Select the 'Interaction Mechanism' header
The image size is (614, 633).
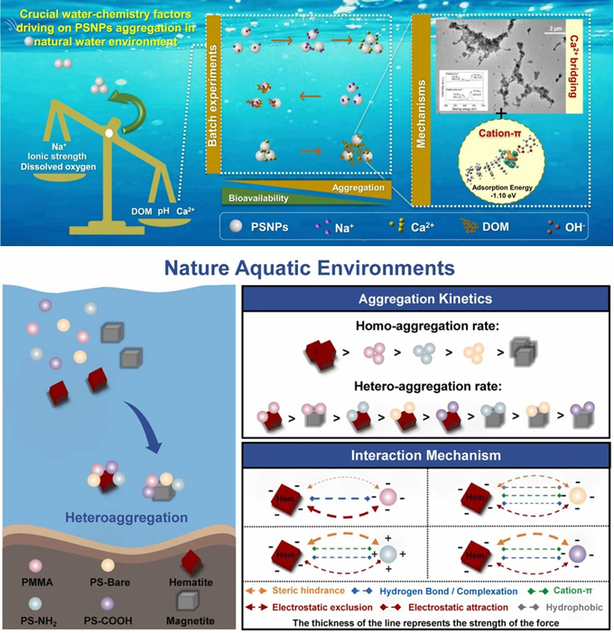coord(424,455)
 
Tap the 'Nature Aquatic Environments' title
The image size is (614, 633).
coord(307,269)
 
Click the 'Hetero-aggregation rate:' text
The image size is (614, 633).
coord(424,386)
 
